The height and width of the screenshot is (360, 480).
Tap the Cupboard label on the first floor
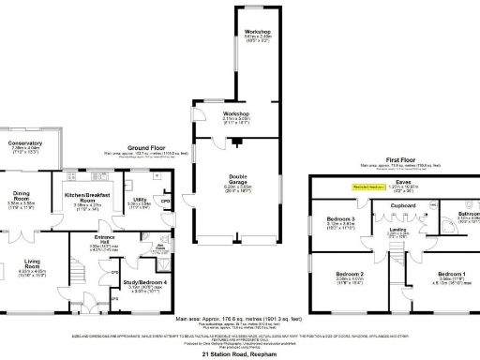point(377,203)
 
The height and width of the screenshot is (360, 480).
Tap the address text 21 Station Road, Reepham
point(240,352)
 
